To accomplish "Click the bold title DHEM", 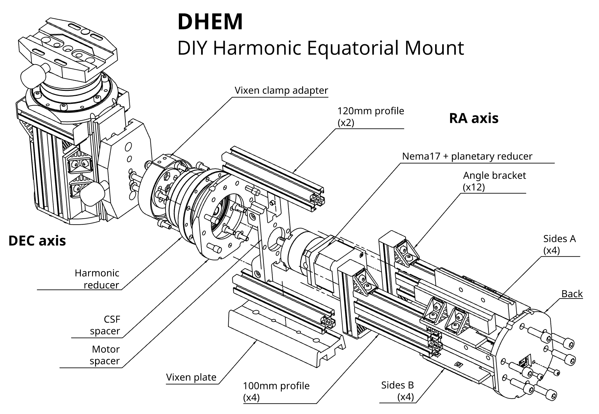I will (210, 22).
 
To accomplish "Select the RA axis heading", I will (473, 118).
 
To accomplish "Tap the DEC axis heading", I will (37, 241).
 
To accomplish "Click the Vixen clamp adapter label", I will (281, 90).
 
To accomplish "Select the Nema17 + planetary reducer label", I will (467, 156).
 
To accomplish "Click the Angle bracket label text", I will (494, 175).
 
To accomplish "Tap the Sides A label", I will (559, 239).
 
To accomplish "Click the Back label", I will (572, 294).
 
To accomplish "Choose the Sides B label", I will (397, 385).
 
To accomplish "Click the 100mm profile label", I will (276, 386).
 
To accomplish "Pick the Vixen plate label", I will (191, 377).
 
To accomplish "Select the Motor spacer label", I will (105, 355).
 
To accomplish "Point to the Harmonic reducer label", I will (97, 279).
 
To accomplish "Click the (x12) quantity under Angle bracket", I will (474, 187).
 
